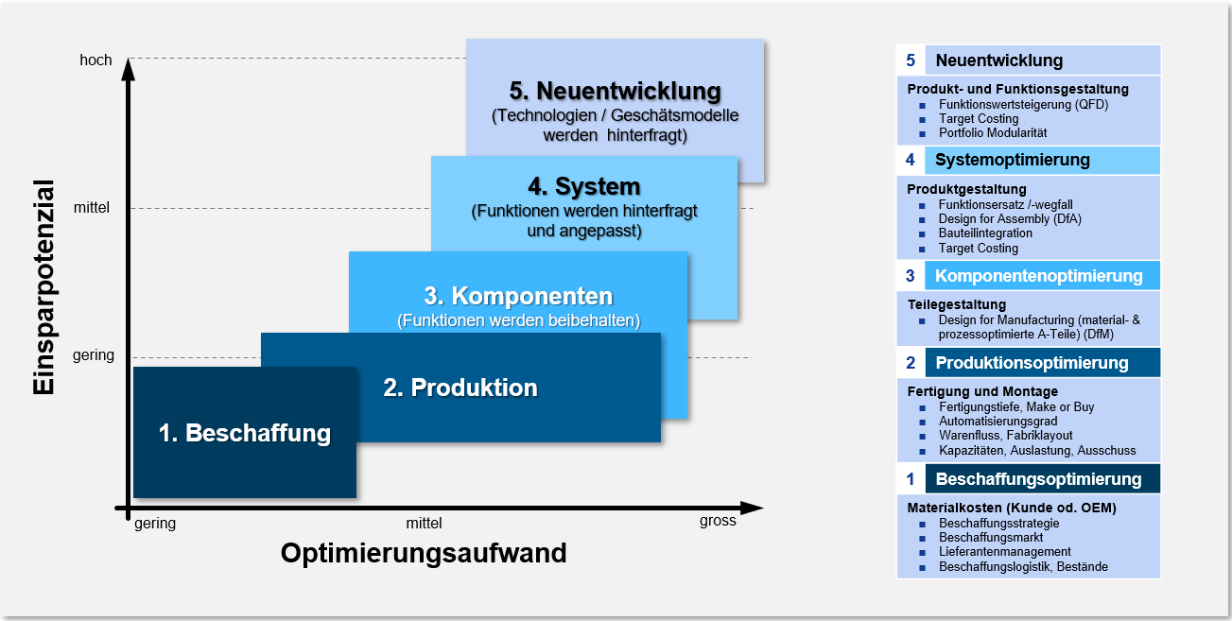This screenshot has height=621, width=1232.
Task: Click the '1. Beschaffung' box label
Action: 245,434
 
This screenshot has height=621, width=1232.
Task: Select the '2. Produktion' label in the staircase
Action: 460,388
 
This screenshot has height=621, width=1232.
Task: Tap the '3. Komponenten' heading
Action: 518,296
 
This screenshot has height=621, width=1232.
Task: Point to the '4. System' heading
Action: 584,186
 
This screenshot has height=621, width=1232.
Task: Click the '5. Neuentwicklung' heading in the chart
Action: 615,91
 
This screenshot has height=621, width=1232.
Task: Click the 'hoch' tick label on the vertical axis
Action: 95,60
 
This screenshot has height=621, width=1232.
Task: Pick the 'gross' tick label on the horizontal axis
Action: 718,521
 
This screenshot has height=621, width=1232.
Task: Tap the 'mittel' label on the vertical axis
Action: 92,207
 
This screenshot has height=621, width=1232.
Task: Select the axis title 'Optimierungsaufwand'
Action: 424,553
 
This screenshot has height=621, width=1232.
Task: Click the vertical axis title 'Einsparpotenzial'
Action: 43,287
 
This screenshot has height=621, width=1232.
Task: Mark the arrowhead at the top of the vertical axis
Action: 129,69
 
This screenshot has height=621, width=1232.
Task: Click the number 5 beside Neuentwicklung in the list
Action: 911,60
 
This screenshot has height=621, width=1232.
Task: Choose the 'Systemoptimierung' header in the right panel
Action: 1013,160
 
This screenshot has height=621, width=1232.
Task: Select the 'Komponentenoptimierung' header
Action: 1039,276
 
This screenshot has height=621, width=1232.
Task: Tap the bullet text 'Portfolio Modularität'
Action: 993,132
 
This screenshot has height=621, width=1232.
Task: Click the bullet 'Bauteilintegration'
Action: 985,233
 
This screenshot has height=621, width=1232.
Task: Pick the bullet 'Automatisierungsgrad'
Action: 998,422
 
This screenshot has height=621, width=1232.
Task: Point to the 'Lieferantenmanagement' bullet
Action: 1005,552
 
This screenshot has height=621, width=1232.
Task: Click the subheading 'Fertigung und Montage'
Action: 982,391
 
